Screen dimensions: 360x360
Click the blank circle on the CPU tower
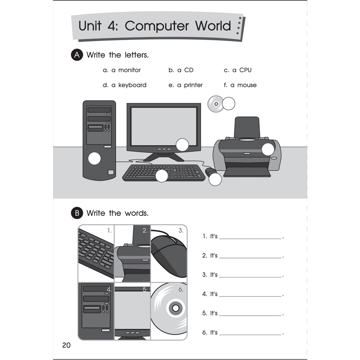click(x=94, y=159)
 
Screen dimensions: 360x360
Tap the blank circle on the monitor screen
click(x=182, y=145)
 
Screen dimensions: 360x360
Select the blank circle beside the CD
click(x=229, y=104)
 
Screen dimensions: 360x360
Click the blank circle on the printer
click(x=268, y=149)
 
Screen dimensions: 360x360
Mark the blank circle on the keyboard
click(x=162, y=176)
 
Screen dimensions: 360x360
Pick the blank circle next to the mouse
click(x=215, y=179)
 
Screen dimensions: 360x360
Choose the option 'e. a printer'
click(x=186, y=85)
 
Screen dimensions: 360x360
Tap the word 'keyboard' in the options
click(x=132, y=85)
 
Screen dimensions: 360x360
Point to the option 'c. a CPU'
click(x=238, y=70)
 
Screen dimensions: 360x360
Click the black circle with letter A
click(x=77, y=55)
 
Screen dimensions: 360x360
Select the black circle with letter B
click(x=77, y=213)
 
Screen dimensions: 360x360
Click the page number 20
click(x=66, y=345)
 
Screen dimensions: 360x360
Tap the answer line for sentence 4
click(x=250, y=296)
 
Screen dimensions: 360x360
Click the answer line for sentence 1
click(x=250, y=239)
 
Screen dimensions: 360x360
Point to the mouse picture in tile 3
click(x=168, y=256)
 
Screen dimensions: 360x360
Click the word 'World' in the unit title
click(x=213, y=26)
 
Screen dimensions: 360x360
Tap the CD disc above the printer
click(x=216, y=104)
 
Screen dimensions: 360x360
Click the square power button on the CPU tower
click(x=111, y=172)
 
